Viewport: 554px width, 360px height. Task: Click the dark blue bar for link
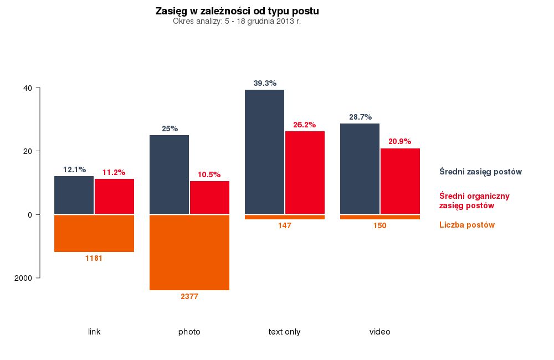click(74, 195)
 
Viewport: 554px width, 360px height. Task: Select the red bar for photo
click(209, 197)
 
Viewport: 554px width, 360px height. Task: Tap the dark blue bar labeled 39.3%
click(264, 152)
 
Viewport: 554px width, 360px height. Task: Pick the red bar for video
click(400, 181)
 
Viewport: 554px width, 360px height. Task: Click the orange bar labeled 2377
click(189, 252)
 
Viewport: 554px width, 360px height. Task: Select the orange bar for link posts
click(94, 233)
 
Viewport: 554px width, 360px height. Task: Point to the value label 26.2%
click(304, 125)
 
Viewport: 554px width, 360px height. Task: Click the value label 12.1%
click(74, 169)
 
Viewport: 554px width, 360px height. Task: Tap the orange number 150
click(379, 225)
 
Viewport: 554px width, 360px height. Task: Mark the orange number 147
click(285, 225)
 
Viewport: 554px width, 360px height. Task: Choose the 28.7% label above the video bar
click(360, 117)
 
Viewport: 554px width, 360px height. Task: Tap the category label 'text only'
click(284, 332)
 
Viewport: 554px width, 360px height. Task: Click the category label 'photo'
click(189, 332)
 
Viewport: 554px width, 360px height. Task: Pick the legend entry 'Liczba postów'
click(466, 225)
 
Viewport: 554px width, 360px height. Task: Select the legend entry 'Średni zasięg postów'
click(480, 172)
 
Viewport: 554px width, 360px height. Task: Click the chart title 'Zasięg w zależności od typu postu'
click(237, 11)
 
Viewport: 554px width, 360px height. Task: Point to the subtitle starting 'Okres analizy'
click(237, 22)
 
